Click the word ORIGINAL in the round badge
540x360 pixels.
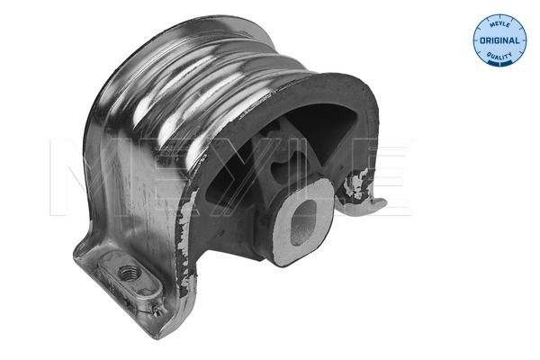coord(499,41)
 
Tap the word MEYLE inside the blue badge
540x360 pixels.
coord(499,24)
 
